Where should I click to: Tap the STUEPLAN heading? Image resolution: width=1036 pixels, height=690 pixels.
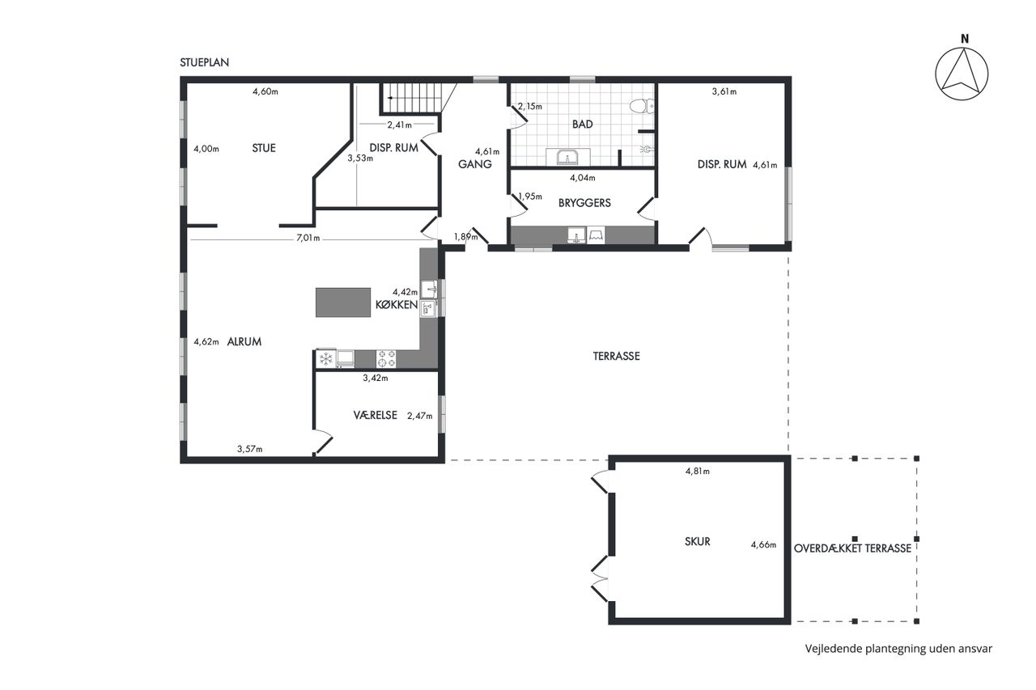[x=205, y=62]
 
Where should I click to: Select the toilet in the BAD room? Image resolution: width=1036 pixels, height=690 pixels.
[x=642, y=106]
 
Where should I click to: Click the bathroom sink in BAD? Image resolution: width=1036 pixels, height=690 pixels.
[x=567, y=157]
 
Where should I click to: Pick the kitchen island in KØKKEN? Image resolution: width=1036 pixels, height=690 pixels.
[x=343, y=303]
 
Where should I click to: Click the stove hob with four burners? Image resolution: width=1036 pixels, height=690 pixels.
[x=386, y=358]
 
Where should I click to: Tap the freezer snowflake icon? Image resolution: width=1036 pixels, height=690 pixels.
[x=326, y=358]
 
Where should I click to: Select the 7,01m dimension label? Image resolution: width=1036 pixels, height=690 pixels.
[x=308, y=238]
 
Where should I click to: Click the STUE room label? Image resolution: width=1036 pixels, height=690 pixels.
[x=264, y=148]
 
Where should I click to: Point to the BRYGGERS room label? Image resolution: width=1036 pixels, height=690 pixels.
[x=584, y=203]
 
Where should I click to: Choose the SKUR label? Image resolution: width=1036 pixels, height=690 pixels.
[x=697, y=541]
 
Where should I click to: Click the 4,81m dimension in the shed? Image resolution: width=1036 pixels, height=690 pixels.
[x=698, y=472]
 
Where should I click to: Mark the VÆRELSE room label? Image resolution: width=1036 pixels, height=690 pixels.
[x=375, y=415]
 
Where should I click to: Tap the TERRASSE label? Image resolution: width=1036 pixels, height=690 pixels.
[x=617, y=356]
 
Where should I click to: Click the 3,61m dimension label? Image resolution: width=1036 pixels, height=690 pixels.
[x=724, y=91]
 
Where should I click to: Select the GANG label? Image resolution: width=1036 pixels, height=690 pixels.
[x=475, y=164]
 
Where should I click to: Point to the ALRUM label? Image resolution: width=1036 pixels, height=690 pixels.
[x=244, y=341]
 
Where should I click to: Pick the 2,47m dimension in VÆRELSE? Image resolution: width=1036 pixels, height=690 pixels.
[x=420, y=416]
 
